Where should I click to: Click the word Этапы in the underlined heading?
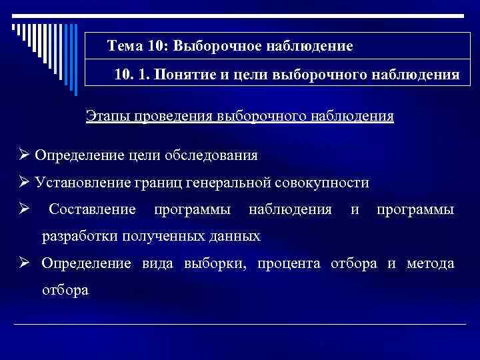coord(107,116)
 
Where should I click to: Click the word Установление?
coord(77,183)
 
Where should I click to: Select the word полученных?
coord(153,236)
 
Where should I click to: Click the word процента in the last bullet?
coord(291,263)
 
